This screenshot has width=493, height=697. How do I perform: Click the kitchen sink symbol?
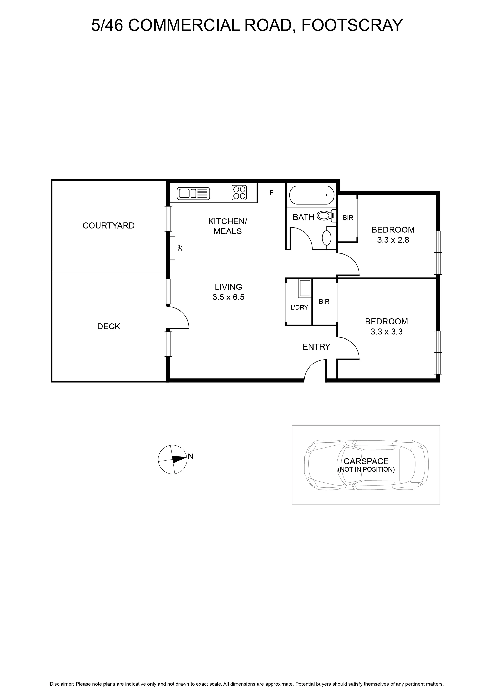point(194,193)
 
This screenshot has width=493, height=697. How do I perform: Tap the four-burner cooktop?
point(239,192)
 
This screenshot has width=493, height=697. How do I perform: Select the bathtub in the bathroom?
point(312,195)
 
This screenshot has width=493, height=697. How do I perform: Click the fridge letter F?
point(271,192)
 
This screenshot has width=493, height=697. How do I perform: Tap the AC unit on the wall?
point(173,248)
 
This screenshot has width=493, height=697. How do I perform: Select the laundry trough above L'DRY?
point(305,288)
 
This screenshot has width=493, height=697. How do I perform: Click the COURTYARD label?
point(108,225)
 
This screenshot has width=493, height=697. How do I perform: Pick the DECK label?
point(109,326)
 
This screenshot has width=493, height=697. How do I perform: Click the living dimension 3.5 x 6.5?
point(228,297)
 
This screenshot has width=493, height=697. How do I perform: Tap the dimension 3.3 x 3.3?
point(386,332)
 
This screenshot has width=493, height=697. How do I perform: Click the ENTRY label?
point(316,347)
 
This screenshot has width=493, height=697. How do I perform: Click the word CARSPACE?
point(366,461)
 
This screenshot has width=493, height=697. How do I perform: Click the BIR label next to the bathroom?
point(348,218)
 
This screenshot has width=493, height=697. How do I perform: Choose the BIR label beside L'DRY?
point(324,302)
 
